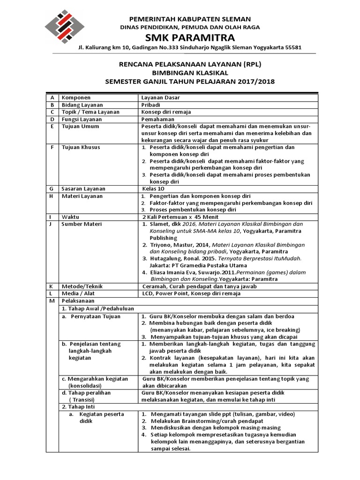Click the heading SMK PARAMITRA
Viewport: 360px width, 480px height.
pyautogui.click(x=190, y=37)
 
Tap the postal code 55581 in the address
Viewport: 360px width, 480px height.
pyautogui.click(x=291, y=48)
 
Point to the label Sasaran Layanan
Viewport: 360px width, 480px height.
pyautogui.click(x=83, y=189)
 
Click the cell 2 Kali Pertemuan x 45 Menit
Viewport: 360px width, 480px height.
pyautogui.click(x=180, y=217)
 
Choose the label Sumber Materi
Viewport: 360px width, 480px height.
pyautogui.click(x=82, y=224)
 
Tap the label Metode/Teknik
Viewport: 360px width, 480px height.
pyautogui.click(x=82, y=286)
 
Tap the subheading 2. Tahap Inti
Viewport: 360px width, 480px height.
pyautogui.click(x=79, y=407)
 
